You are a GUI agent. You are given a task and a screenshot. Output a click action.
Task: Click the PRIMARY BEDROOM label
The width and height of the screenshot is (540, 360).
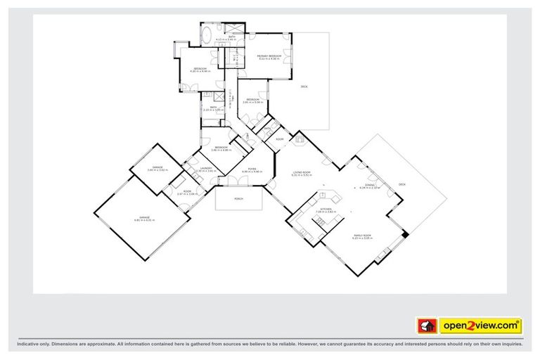pyautogui.click(x=269, y=56)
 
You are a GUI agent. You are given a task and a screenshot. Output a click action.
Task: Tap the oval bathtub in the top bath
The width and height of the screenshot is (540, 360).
pyautogui.click(x=209, y=35)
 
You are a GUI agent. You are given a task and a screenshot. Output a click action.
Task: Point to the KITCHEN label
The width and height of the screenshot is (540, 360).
pyautogui.click(x=326, y=209)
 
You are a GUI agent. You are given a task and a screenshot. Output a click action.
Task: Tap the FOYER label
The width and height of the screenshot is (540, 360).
pyautogui.click(x=251, y=169)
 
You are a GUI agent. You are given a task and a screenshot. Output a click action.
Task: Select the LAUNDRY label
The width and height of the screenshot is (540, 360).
pyautogui.click(x=206, y=169)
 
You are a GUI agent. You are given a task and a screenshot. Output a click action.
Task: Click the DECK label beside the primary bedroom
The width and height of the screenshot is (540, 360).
pyautogui.click(x=304, y=86)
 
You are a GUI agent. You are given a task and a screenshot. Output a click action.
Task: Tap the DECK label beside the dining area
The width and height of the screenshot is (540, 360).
pyautogui.click(x=402, y=184)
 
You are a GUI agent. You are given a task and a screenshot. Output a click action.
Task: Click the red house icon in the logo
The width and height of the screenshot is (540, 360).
pyautogui.click(x=426, y=326)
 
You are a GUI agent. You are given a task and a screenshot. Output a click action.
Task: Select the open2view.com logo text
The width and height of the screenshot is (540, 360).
pyautogui.click(x=480, y=326)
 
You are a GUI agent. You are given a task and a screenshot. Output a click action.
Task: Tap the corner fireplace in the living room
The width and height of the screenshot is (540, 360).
pyautogui.click(x=300, y=140)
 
